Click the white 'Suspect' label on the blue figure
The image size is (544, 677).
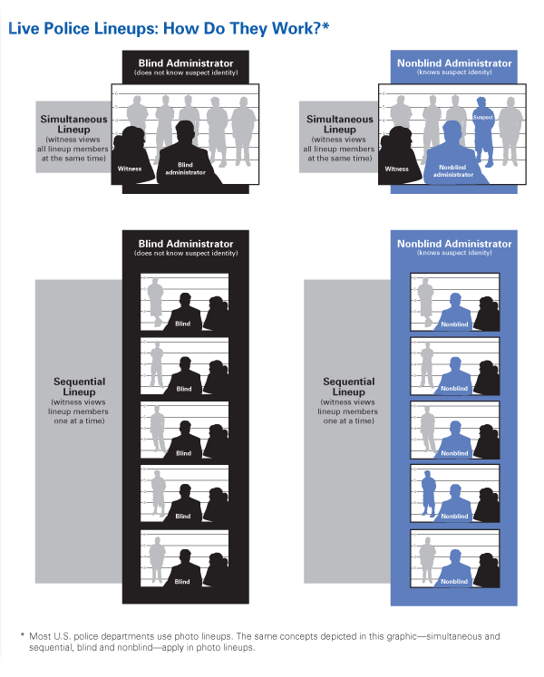(482, 117)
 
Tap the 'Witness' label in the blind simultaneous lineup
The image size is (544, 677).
(130, 169)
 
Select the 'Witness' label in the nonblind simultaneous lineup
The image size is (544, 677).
(396, 169)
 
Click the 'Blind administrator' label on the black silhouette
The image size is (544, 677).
(185, 169)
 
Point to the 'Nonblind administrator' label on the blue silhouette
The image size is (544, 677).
(452, 170)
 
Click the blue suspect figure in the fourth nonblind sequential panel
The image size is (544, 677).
(428, 493)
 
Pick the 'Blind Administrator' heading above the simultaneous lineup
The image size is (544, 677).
(186, 63)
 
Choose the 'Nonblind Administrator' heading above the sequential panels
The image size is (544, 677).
(454, 244)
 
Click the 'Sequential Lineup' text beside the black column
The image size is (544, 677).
(80, 386)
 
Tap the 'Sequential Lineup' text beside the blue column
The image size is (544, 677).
(349, 386)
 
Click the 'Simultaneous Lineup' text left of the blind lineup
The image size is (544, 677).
(73, 124)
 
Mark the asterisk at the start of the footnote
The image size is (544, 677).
(23, 635)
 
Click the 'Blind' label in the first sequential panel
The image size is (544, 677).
(183, 324)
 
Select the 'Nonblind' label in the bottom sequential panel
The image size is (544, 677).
(454, 582)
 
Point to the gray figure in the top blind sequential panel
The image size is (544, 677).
(156, 302)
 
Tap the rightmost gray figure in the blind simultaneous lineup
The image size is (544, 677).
(243, 131)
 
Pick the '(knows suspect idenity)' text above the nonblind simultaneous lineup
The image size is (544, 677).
(454, 73)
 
